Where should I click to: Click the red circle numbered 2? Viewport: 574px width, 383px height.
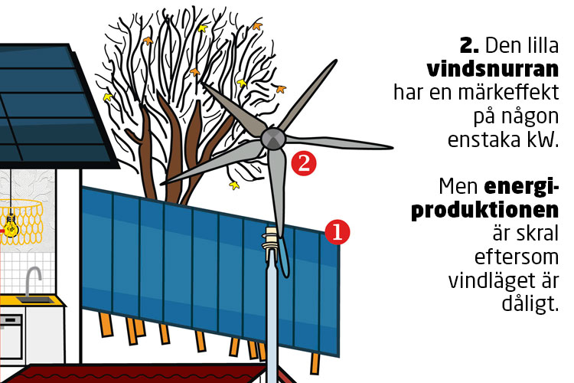(x=304, y=163)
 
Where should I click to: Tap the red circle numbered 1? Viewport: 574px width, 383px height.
(x=338, y=231)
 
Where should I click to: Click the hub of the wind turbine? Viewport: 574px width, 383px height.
(x=273, y=138)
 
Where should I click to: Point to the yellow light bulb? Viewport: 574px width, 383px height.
(x=11, y=225)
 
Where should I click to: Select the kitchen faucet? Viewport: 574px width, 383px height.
(x=32, y=281)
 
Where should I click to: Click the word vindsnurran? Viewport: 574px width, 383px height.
(x=493, y=69)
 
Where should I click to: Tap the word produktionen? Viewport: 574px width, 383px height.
(x=485, y=211)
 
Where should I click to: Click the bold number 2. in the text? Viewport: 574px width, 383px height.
(x=469, y=46)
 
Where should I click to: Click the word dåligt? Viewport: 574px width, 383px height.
(x=530, y=304)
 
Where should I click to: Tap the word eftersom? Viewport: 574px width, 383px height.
(x=517, y=257)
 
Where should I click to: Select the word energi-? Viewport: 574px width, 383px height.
(x=522, y=187)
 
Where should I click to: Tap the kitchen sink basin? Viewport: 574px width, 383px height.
(x=34, y=300)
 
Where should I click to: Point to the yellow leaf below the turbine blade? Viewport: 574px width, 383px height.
(x=234, y=185)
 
